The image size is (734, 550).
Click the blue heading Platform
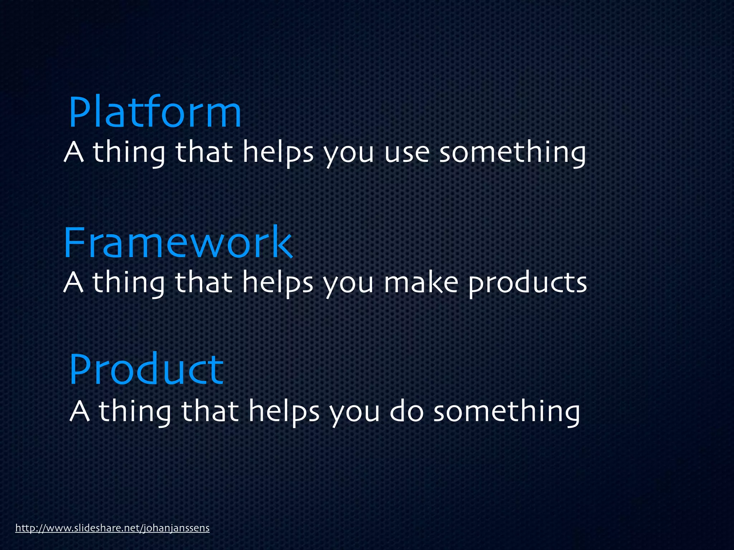click(x=155, y=113)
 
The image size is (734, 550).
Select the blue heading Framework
click(x=178, y=243)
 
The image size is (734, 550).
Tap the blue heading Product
click(x=146, y=370)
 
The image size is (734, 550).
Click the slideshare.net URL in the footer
click(x=112, y=528)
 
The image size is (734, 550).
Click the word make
click(x=421, y=283)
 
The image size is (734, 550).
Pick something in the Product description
click(x=507, y=412)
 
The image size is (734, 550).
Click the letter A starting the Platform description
click(x=74, y=152)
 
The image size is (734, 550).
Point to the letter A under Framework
click(x=74, y=283)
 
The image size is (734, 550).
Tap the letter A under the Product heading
click(x=80, y=412)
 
